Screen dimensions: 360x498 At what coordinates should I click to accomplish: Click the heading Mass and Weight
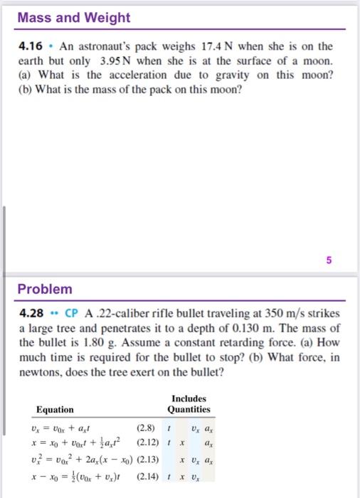pos(64,17)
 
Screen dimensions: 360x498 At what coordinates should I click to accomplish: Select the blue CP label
pos(71,314)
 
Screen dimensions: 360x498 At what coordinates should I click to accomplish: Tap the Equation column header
pos(54,409)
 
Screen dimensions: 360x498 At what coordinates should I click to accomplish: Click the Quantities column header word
pos(189,409)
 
